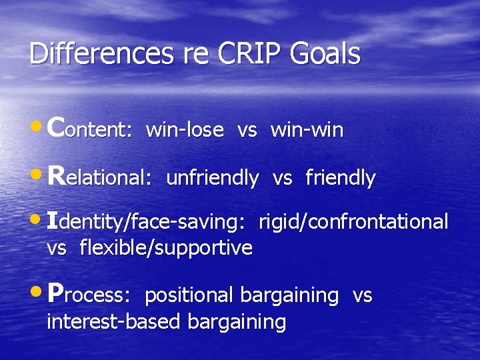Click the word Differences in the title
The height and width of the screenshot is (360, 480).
[x=90, y=54]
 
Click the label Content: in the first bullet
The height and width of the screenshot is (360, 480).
[x=91, y=128]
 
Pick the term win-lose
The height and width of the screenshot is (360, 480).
[x=185, y=130]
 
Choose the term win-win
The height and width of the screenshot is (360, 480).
[x=307, y=130]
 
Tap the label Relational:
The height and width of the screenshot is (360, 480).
[x=101, y=177]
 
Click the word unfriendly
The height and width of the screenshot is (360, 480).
[x=212, y=177]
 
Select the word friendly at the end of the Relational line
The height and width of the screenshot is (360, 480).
[x=340, y=178]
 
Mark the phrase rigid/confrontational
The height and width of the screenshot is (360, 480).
[x=353, y=222]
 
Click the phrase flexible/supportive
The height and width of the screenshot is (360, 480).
[x=166, y=248]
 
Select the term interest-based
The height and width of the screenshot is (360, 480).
[x=114, y=322]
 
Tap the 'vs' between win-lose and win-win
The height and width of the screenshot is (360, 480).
[x=247, y=131]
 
